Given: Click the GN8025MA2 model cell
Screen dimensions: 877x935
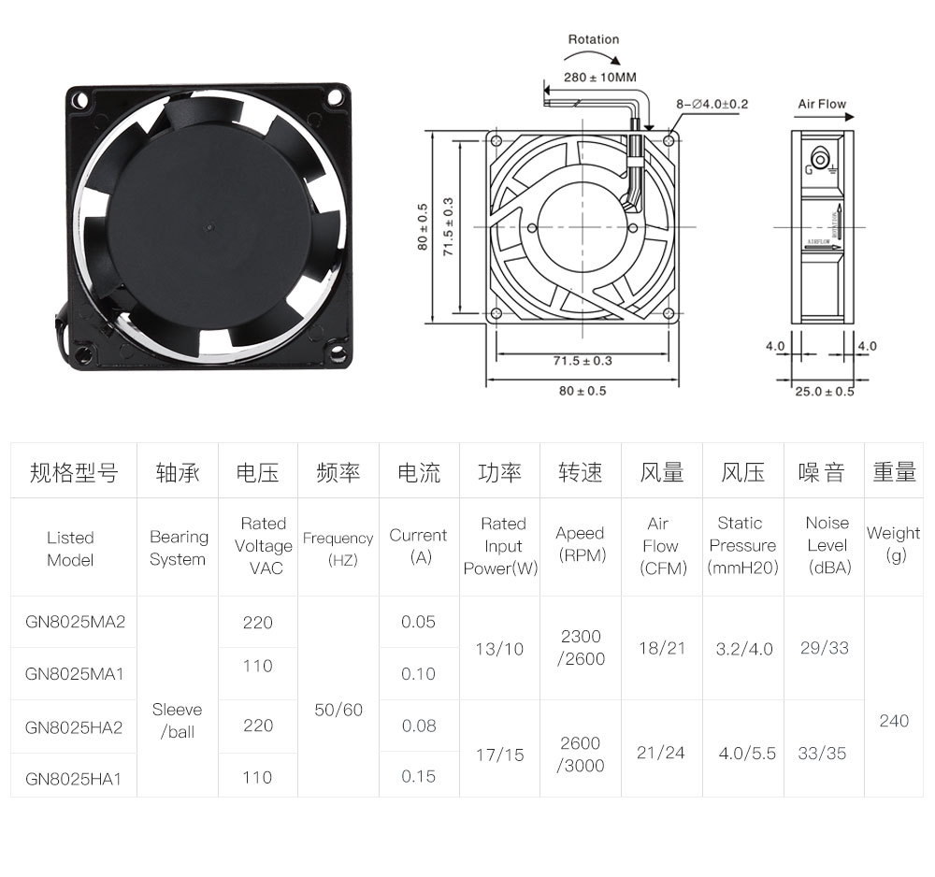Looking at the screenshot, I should click(74, 622).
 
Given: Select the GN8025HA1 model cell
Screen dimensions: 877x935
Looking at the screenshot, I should click(74, 777).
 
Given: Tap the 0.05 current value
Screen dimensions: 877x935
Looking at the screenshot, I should click(418, 622).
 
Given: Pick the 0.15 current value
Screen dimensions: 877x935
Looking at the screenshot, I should click(418, 776).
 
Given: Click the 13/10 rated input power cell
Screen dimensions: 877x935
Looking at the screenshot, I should click(499, 648).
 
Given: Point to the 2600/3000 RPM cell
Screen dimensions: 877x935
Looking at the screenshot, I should click(581, 754).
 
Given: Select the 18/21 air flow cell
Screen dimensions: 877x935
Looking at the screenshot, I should click(662, 648).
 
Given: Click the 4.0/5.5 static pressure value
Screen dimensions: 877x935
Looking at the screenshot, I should click(744, 753).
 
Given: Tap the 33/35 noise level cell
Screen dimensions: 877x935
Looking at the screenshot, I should click(822, 753).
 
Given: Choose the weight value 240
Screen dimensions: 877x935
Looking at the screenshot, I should click(894, 721).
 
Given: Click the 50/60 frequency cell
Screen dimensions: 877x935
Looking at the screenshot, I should click(338, 710).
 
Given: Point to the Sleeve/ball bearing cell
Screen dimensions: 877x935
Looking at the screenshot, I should click(177, 720).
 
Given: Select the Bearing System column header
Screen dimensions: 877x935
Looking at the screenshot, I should click(178, 548).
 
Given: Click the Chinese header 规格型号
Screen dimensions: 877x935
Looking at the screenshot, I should click(74, 473).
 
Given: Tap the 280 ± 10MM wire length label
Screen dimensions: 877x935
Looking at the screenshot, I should click(599, 77).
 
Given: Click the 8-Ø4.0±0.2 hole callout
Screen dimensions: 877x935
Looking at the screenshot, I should click(712, 104).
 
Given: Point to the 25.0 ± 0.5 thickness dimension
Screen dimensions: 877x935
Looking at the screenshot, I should click(824, 391).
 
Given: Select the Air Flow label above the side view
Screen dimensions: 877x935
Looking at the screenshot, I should click(822, 104).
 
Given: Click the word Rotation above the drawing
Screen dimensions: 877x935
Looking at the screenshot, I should click(594, 39).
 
